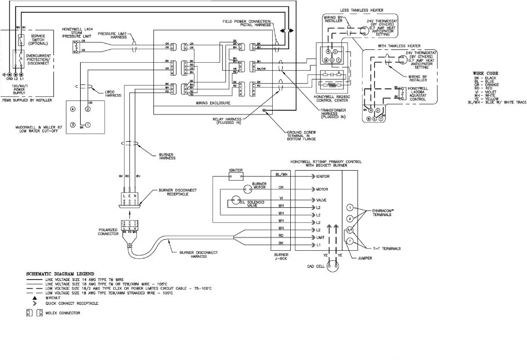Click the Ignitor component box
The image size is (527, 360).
coord(235,174)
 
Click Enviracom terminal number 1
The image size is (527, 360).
coord(350,207)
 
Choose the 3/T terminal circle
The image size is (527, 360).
coord(350,229)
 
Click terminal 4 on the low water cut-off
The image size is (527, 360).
coord(73,109)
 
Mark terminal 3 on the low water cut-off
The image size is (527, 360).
coord(73,125)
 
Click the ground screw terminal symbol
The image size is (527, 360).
coord(264,110)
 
